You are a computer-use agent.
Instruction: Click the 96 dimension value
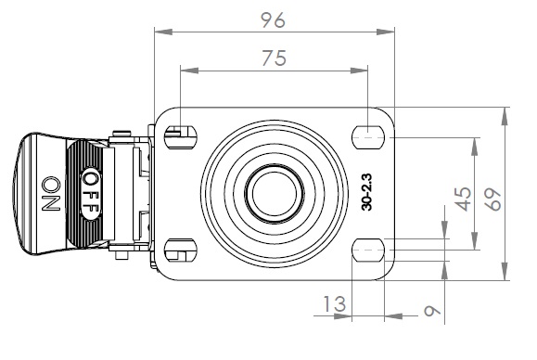coord(273,20)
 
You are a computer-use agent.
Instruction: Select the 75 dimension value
coord(274,58)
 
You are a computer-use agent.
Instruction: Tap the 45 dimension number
coord(463,199)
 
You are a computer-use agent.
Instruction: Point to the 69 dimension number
coord(493,199)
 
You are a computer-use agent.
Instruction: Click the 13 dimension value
coord(335,303)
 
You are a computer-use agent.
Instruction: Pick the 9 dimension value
coord(432,311)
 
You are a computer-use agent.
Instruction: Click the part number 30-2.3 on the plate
coord(366,192)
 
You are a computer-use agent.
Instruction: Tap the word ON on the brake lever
coord(51,194)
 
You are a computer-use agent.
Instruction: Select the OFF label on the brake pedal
coord(91,193)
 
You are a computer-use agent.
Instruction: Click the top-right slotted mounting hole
coord(368,137)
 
